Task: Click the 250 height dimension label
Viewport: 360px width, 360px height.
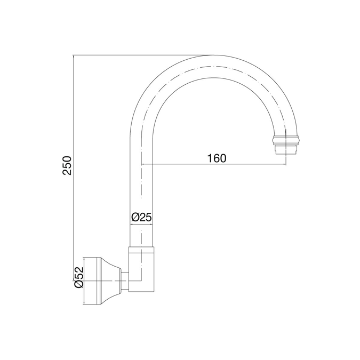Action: (x=66, y=166)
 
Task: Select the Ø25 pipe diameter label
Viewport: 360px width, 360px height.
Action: (x=141, y=217)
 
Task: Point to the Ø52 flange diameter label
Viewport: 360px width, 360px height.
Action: (x=78, y=277)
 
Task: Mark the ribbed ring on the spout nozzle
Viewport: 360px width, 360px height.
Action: (x=285, y=141)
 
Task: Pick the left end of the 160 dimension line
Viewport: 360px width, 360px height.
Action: (x=142, y=164)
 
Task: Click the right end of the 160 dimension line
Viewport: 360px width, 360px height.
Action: (x=284, y=164)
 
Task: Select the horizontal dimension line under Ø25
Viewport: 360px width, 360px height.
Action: (x=141, y=225)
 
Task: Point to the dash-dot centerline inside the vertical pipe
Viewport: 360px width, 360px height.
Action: (x=141, y=187)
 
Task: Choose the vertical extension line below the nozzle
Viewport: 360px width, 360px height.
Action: (x=284, y=159)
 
